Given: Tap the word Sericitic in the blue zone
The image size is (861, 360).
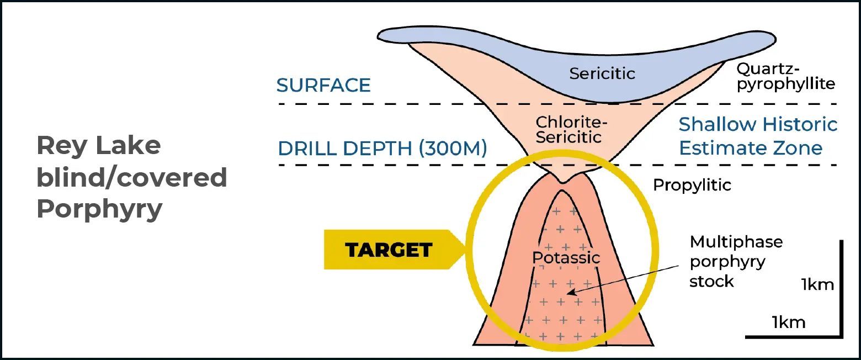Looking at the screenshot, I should (x=602, y=73).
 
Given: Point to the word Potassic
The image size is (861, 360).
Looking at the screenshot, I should (x=566, y=257).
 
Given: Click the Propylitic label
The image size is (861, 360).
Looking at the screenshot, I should (x=692, y=185).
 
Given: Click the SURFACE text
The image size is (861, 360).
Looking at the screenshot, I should (x=323, y=86).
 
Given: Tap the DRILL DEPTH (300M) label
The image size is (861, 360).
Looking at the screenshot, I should (x=382, y=149).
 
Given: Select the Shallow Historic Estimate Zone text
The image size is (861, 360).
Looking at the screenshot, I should (x=758, y=136).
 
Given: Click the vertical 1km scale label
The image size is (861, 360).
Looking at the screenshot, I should (x=817, y=285).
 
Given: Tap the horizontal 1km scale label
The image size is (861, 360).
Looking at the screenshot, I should (x=789, y=322).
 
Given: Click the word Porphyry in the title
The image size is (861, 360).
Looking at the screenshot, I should (x=99, y=210).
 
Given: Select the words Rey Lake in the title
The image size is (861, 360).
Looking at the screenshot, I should (x=98, y=146).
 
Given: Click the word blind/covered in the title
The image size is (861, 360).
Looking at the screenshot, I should (x=131, y=178).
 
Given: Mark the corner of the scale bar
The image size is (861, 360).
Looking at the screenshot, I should (x=841, y=336).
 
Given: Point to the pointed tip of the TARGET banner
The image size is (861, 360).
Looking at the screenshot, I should (x=465, y=250).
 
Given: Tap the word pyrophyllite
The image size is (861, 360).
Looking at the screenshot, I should (x=785, y=84).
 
